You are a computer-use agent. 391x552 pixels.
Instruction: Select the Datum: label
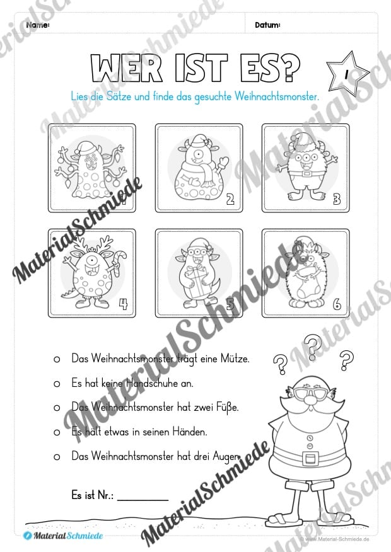coord(267,25)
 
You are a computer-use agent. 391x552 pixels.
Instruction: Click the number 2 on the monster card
coord(230,201)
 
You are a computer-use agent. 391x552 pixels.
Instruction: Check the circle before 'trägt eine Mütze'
coord(57,359)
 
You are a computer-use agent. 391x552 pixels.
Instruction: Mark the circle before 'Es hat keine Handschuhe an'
coord(57,383)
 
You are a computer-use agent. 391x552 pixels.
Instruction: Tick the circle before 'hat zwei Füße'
coord(57,408)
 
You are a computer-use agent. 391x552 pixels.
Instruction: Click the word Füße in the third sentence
coord(228,407)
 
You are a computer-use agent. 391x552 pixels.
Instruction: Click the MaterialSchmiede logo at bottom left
coord(62,534)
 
